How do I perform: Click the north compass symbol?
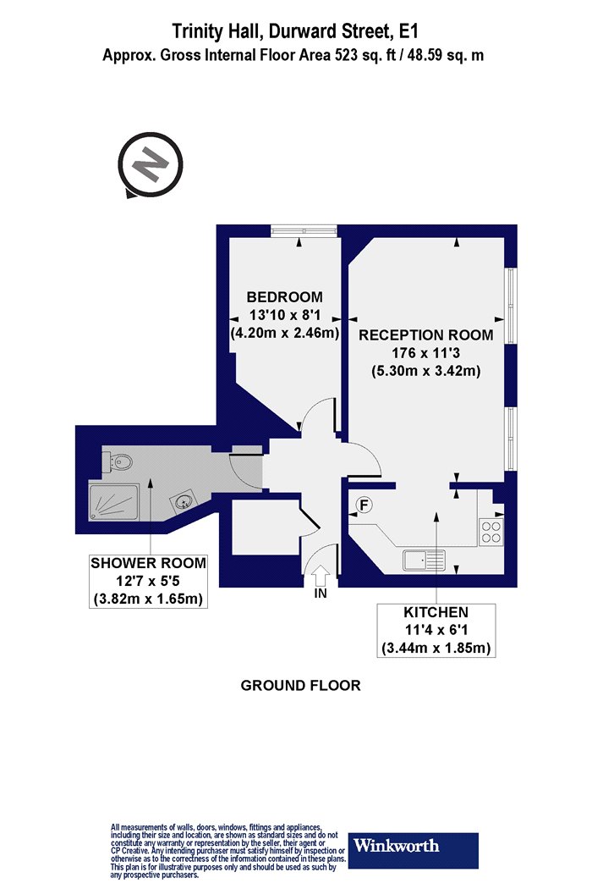click(151, 165)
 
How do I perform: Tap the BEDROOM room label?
click(284, 296)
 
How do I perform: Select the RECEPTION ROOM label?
click(425, 334)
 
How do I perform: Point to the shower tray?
click(113, 502)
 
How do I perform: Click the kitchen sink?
click(425, 560)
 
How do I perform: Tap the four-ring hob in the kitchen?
click(491, 531)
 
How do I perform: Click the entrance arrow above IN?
click(321, 576)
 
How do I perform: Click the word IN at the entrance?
click(321, 594)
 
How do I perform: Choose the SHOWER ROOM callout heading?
click(149, 563)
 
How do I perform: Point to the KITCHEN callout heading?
click(436, 612)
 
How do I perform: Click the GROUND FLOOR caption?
click(301, 686)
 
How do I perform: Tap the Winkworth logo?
click(413, 850)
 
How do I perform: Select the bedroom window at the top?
click(304, 231)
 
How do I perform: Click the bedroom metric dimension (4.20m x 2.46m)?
click(285, 333)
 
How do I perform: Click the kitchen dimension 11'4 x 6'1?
click(436, 630)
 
